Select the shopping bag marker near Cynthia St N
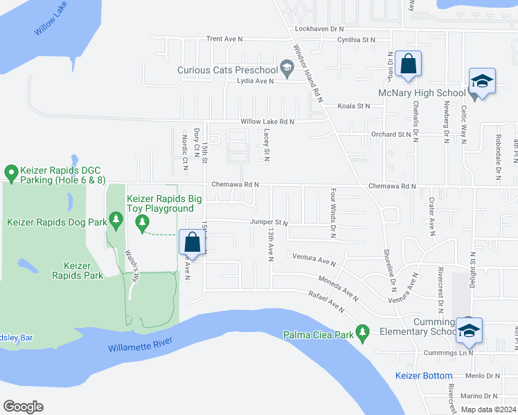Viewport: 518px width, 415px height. [x=409, y=64]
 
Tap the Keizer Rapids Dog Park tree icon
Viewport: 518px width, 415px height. [x=116, y=221]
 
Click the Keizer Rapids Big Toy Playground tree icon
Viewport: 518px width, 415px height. [x=143, y=221]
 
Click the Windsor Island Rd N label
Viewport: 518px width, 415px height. [x=308, y=74]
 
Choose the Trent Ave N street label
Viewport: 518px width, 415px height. [x=224, y=39]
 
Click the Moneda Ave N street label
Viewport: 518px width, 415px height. [x=339, y=289]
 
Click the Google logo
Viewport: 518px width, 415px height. [x=24, y=406]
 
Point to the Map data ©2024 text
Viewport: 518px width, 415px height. [x=489, y=409]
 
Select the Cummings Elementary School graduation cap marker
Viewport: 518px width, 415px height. [x=469, y=331]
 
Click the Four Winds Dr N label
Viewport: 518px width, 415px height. [x=333, y=213]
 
